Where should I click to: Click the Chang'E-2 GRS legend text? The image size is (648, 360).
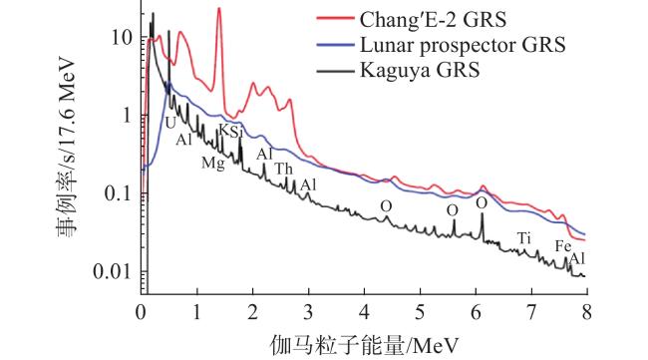(433, 19)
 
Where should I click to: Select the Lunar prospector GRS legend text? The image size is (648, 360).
(463, 45)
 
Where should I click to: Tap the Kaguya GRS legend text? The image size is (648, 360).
(420, 70)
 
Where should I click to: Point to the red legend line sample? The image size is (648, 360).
(335, 19)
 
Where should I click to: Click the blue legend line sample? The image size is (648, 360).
(335, 44)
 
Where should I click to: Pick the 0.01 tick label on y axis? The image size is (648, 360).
(112, 271)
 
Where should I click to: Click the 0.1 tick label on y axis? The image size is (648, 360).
(118, 193)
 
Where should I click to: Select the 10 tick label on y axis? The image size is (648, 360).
(121, 38)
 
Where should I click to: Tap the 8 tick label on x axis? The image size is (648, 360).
(587, 312)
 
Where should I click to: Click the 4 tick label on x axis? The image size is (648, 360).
(364, 312)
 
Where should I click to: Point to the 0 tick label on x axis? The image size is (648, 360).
(141, 312)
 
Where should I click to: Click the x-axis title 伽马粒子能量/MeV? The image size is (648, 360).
(364, 345)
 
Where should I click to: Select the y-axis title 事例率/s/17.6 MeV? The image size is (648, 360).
(66, 148)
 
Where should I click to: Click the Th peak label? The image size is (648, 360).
(284, 169)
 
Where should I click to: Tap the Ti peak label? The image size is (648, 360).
(524, 238)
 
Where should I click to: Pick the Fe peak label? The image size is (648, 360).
(563, 246)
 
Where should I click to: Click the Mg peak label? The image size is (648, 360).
(213, 163)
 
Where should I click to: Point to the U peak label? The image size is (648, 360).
(170, 123)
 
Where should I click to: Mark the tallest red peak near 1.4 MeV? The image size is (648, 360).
(219, 8)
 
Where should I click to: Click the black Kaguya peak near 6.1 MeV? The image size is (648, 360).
(482, 214)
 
